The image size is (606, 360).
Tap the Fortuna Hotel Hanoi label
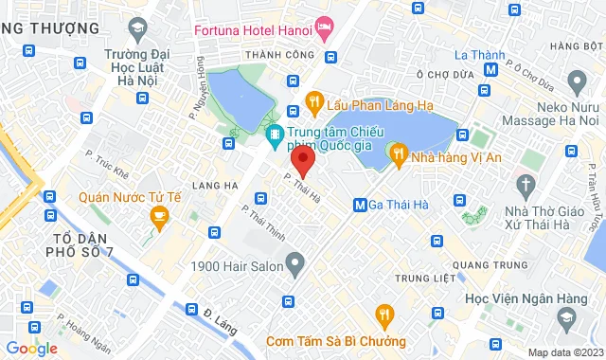coord(253,28)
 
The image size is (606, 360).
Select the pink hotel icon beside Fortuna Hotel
coord(325,28)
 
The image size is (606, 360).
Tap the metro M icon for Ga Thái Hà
coord(360,205)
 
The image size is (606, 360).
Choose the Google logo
coord(31,348)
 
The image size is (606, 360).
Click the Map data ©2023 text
coord(562,353)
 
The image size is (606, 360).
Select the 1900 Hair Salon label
coord(237,266)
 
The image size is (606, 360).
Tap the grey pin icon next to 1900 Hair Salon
coord(296,261)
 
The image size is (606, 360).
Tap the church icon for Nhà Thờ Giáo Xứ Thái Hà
coord(526,183)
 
